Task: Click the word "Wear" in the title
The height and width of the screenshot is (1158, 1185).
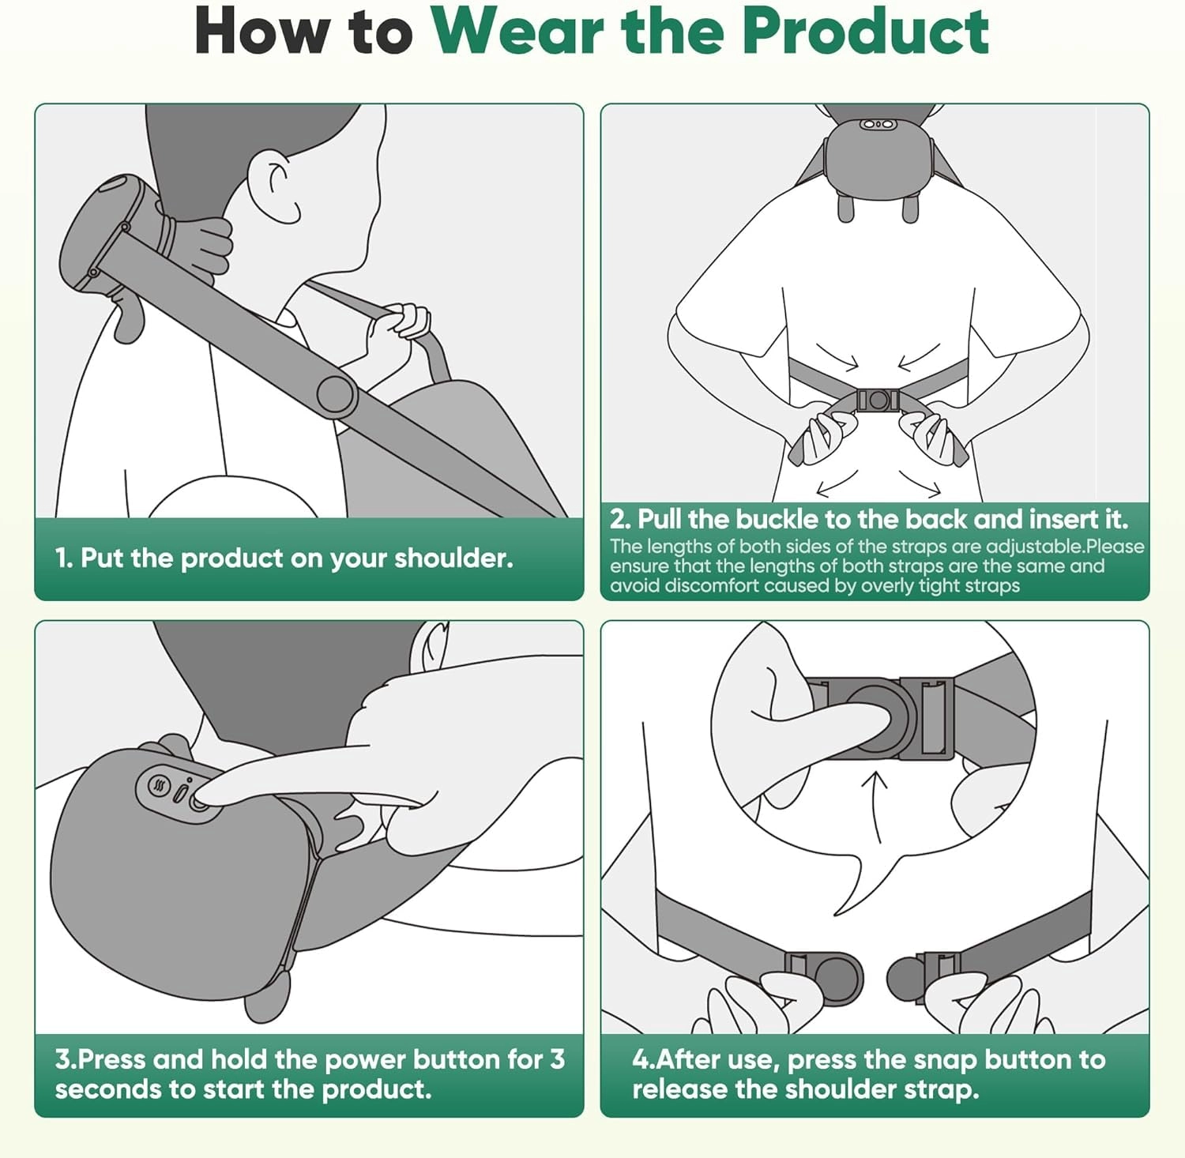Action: (x=518, y=32)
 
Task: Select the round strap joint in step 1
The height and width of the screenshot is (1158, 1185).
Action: (x=335, y=394)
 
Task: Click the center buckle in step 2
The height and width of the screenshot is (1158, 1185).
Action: (x=877, y=400)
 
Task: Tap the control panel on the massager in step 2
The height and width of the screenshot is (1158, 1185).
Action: (x=877, y=124)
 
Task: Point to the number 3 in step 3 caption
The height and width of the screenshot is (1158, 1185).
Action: (x=557, y=1059)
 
